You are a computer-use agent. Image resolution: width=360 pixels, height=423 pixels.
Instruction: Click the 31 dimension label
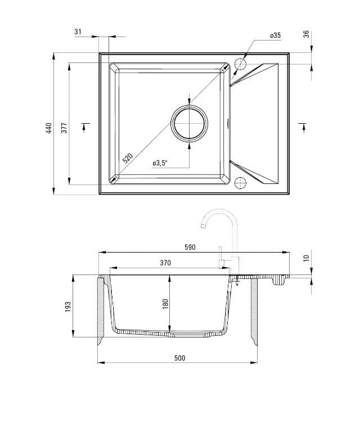(78, 32)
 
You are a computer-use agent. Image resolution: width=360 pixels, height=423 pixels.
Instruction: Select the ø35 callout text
(275, 35)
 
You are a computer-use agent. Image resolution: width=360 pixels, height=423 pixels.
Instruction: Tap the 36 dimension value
(306, 34)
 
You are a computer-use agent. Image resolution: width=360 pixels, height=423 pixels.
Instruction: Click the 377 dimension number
(64, 128)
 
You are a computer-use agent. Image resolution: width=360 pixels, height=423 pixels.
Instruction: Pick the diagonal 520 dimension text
(128, 158)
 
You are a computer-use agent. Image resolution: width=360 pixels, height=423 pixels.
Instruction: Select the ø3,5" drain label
(160, 163)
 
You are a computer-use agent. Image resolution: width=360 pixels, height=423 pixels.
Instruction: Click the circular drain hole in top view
(190, 123)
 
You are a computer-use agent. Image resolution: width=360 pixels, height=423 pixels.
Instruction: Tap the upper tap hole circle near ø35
(240, 64)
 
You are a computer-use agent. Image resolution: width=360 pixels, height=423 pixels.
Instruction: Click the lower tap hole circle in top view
(240, 183)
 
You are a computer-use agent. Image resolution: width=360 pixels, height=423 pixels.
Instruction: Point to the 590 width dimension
(190, 247)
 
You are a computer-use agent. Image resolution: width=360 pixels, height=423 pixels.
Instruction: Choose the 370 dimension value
(165, 263)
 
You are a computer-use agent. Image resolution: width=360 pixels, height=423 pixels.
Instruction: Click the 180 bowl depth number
(165, 304)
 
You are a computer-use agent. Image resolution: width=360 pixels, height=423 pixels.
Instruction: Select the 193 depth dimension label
(68, 307)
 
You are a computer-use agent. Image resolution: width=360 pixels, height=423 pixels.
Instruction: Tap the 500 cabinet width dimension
(179, 358)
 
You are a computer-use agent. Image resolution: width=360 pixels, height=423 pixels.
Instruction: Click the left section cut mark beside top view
(85, 127)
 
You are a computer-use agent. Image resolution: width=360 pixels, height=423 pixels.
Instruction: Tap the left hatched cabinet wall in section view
(101, 309)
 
